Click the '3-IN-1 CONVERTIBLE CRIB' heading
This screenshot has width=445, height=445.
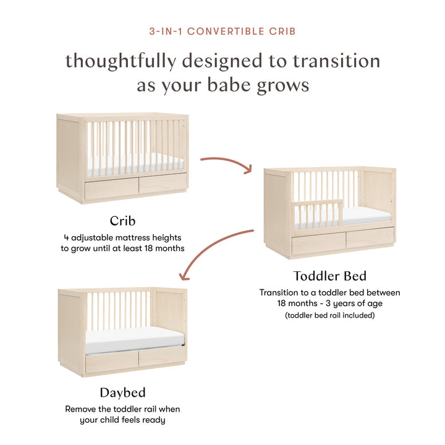point(222,30)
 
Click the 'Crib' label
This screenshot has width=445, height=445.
point(123,221)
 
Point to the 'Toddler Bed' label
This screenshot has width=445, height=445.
point(330,276)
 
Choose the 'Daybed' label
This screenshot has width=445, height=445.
point(122,392)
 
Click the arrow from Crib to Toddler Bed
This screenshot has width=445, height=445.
point(225,163)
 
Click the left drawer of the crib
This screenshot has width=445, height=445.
point(111,188)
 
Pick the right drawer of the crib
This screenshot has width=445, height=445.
point(163,184)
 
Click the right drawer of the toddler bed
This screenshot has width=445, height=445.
point(370,239)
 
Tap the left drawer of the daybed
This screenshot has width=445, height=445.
point(112,363)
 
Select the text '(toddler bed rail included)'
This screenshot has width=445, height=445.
point(329,316)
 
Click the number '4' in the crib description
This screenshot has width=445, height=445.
point(66,237)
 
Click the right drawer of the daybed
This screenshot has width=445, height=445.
point(162,357)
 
